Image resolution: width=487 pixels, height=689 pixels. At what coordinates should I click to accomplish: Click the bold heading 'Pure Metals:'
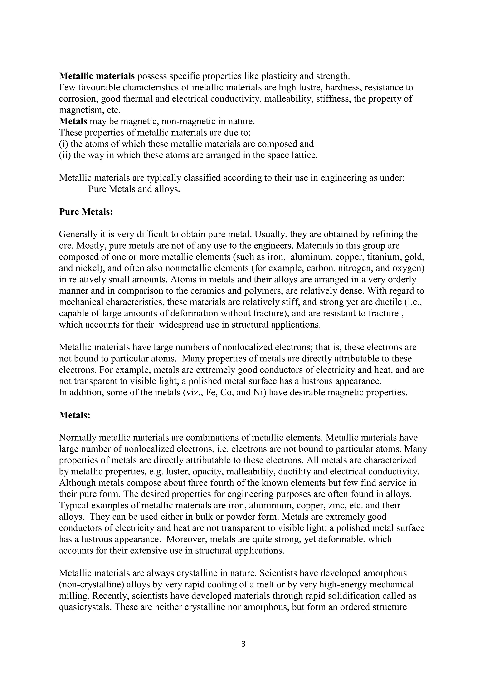86,212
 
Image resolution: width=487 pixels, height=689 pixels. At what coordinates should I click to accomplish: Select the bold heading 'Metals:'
75,415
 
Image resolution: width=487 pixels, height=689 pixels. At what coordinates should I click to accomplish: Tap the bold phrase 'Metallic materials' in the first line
97,76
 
